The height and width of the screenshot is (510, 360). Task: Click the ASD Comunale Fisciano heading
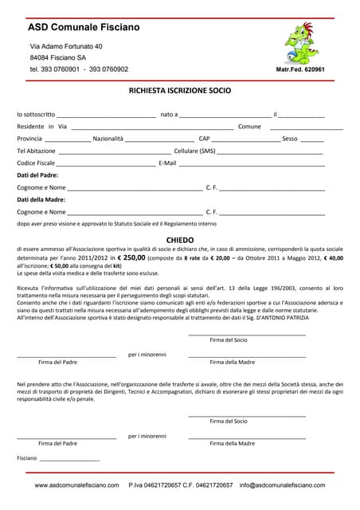coord(84,28)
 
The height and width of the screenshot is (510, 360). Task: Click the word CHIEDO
coord(180,239)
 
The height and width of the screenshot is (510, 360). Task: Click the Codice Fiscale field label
coord(36,163)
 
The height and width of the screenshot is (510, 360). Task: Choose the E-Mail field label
coord(167,163)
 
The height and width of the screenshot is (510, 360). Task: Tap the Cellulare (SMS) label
coord(195,151)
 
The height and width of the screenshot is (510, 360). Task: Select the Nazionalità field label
coord(108,139)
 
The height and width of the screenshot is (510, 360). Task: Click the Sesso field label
coord(290,139)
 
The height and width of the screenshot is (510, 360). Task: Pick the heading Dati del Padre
coord(37,175)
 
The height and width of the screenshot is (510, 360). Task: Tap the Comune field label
coord(249,127)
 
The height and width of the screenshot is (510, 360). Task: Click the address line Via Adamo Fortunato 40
coord(66,46)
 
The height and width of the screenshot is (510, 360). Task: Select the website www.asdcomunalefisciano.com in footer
coord(76,484)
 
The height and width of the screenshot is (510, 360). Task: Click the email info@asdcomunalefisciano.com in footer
coord(288,484)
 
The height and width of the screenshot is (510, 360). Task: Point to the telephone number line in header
coord(79,69)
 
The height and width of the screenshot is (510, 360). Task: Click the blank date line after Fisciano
coord(70,460)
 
